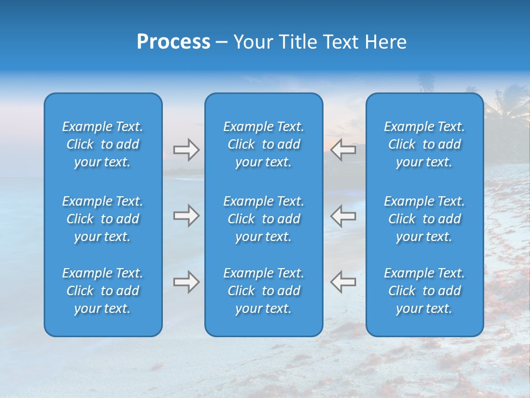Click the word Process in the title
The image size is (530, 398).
(173, 42)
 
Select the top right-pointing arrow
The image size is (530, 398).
(186, 150)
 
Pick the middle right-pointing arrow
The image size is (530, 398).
(186, 216)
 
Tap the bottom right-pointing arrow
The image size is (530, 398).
(186, 282)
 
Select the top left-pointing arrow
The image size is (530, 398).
(343, 149)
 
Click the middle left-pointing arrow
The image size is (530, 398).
(343, 216)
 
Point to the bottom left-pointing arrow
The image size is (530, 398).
(343, 281)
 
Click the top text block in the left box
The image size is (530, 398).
(103, 144)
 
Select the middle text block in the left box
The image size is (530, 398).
(103, 219)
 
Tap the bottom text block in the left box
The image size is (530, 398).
(103, 291)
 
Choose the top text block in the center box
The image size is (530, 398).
(263, 144)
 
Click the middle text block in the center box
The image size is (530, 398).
(263, 219)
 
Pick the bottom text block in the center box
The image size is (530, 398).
(263, 291)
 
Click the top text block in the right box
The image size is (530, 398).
(424, 144)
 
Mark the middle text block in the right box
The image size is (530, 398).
(424, 219)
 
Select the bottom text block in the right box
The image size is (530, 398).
(424, 291)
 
